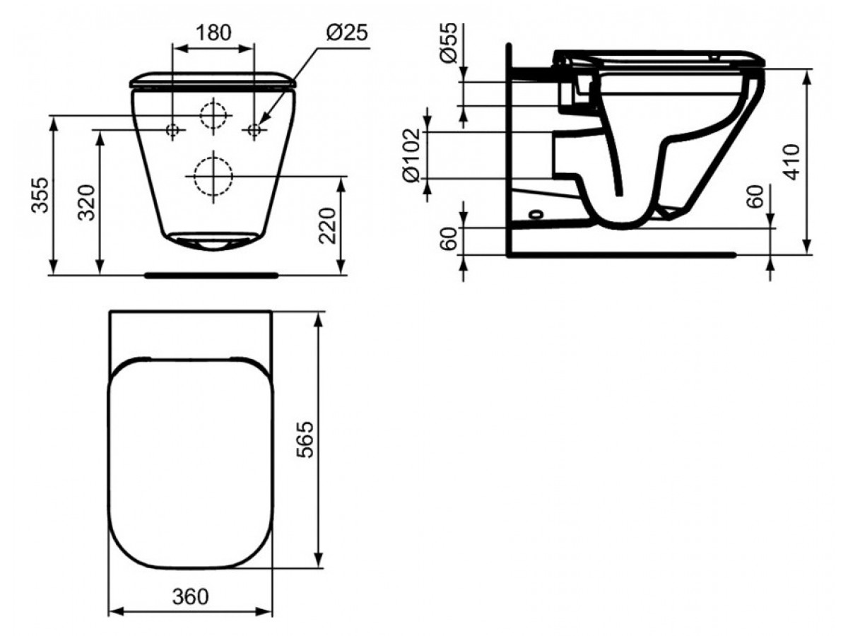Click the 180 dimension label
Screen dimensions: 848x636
[213, 33]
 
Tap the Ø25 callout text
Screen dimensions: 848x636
[346, 33]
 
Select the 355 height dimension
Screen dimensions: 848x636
[40, 195]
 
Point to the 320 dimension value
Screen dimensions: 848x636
[86, 203]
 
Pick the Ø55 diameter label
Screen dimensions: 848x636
[449, 42]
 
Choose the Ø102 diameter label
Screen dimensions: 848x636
[411, 155]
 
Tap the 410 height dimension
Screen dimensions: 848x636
[791, 162]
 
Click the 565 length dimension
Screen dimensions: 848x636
[305, 440]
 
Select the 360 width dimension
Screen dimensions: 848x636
[191, 596]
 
